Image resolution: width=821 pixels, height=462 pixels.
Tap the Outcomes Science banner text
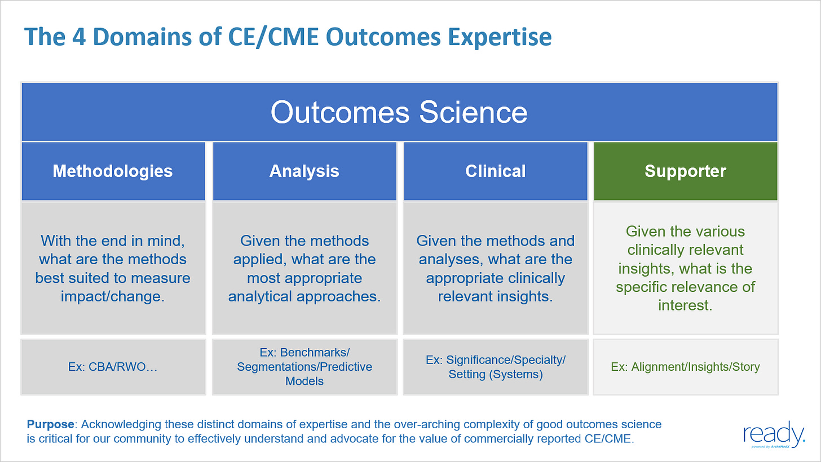pyautogui.click(x=399, y=112)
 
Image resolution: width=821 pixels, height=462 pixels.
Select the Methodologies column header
pyautogui.click(x=113, y=171)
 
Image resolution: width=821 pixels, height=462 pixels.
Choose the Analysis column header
pyautogui.click(x=304, y=171)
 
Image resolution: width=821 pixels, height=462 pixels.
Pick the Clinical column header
pyautogui.click(x=496, y=171)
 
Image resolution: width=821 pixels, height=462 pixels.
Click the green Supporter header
pyautogui.click(x=685, y=171)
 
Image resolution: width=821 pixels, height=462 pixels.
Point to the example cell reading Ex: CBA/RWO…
pyautogui.click(x=113, y=367)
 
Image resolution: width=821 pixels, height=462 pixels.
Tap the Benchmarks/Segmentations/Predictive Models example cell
pyautogui.click(x=304, y=367)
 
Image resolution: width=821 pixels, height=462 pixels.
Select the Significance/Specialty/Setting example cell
pyautogui.click(x=496, y=367)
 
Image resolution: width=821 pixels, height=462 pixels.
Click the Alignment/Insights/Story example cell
pyautogui.click(x=685, y=367)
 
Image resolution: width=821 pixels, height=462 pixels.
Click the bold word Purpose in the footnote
pyautogui.click(x=50, y=424)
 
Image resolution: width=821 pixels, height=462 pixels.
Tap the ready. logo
pyautogui.click(x=774, y=434)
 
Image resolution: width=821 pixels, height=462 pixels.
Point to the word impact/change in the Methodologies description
pyautogui.click(x=113, y=296)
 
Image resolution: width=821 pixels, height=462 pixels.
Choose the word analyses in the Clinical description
pyautogui.click(x=448, y=259)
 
